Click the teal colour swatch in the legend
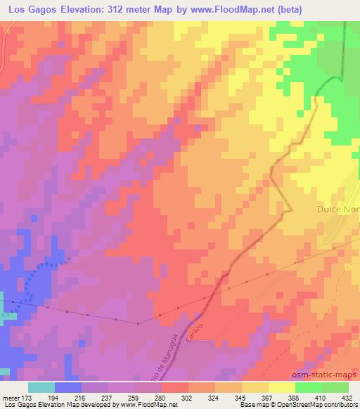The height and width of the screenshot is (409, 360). click(41, 387)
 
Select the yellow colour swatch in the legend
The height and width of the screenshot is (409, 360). click(282, 387)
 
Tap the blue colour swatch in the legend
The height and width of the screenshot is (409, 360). click(68, 387)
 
